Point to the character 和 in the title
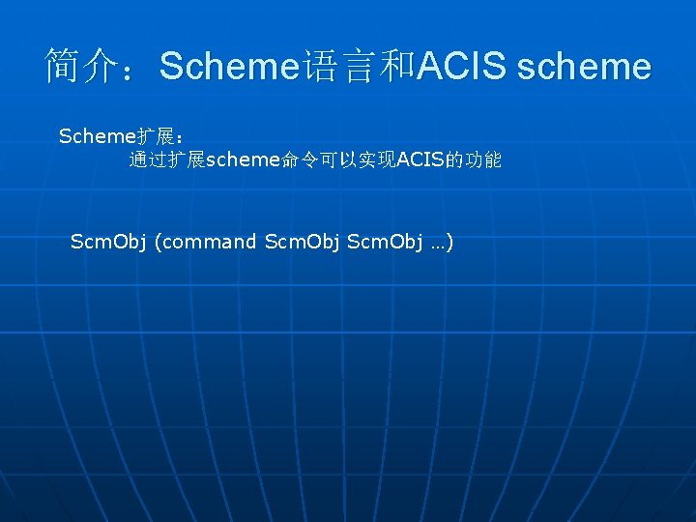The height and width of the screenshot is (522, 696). tap(396, 66)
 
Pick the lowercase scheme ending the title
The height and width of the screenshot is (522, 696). tap(584, 67)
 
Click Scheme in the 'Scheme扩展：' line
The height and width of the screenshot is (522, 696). tap(93, 136)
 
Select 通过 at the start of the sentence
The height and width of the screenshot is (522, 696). tap(148, 160)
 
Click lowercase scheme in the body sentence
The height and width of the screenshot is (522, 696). tap(243, 160)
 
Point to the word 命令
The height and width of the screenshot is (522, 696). tap(300, 160)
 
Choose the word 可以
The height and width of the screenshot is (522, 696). tap(338, 160)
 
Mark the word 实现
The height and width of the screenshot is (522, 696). tap(376, 160)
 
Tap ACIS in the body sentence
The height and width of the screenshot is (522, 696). tap(417, 160)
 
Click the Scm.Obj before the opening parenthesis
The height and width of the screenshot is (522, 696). tap(107, 242)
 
